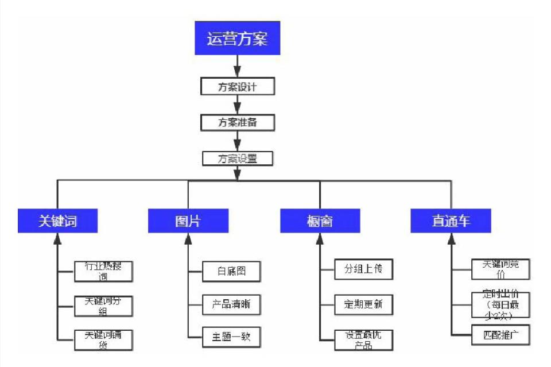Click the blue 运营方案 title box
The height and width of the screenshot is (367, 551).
236,38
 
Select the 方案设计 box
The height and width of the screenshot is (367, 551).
237,87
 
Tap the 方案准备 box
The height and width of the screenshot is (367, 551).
237,122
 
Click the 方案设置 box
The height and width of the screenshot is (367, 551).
237,158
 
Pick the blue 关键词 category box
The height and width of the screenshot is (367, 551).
57,221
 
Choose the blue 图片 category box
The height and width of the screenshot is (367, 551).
188,221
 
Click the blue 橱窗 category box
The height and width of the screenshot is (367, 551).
320,221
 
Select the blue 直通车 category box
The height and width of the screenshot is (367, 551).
451,221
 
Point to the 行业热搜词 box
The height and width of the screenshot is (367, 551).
104,271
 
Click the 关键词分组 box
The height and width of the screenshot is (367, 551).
104,306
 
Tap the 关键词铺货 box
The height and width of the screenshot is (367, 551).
104,339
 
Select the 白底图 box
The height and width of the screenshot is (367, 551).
231,271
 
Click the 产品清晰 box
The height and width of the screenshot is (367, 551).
231,304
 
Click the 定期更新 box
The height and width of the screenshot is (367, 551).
363,304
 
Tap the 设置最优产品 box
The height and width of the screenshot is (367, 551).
363,339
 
